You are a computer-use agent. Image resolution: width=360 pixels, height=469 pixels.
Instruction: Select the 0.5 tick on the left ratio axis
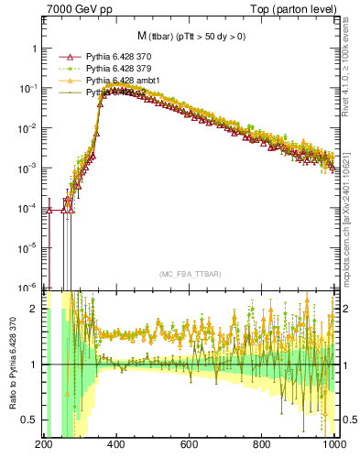[x=30, y=420]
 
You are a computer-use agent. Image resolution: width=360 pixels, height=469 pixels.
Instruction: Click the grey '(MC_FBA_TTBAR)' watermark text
[x=190, y=274]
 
